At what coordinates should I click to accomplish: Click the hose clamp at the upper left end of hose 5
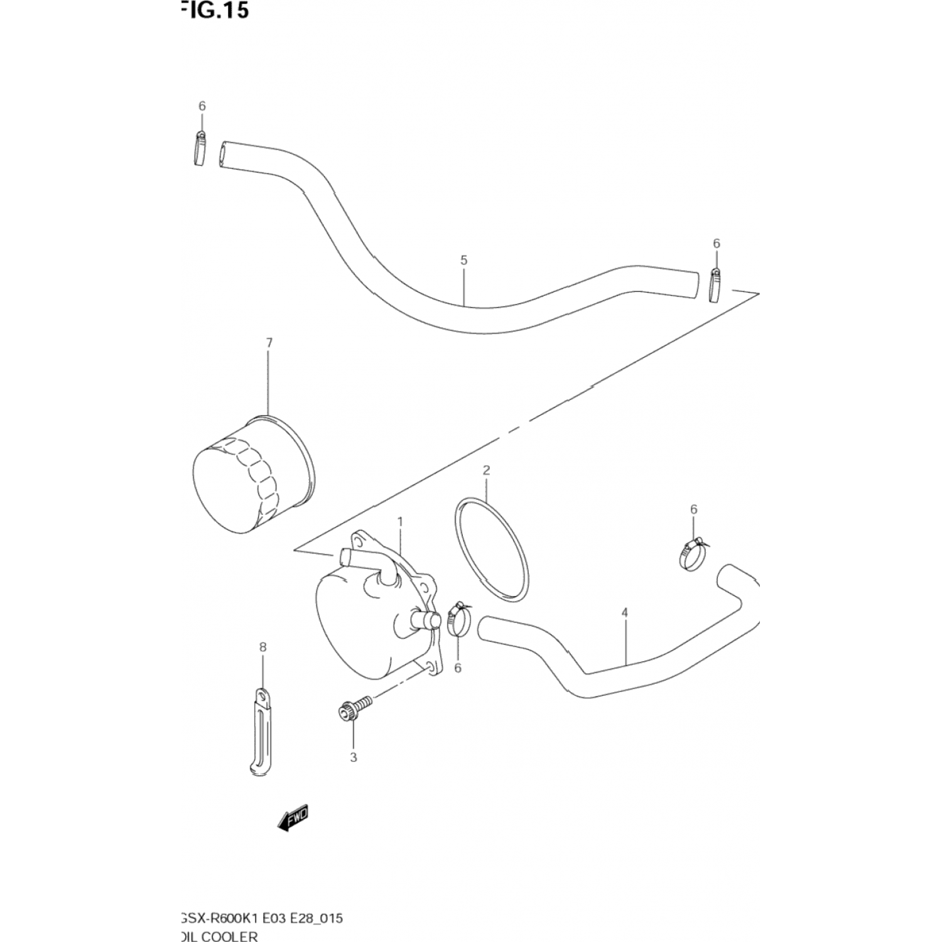[200, 149]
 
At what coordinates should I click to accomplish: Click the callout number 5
[463, 260]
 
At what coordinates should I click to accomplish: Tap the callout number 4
[624, 612]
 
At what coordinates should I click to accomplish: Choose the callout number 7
[269, 343]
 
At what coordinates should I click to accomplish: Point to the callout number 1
[400, 522]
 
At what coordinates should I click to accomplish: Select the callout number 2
[486, 470]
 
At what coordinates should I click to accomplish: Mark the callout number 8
[263, 647]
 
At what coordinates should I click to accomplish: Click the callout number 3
[353, 757]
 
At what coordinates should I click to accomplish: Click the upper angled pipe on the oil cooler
[368, 563]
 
